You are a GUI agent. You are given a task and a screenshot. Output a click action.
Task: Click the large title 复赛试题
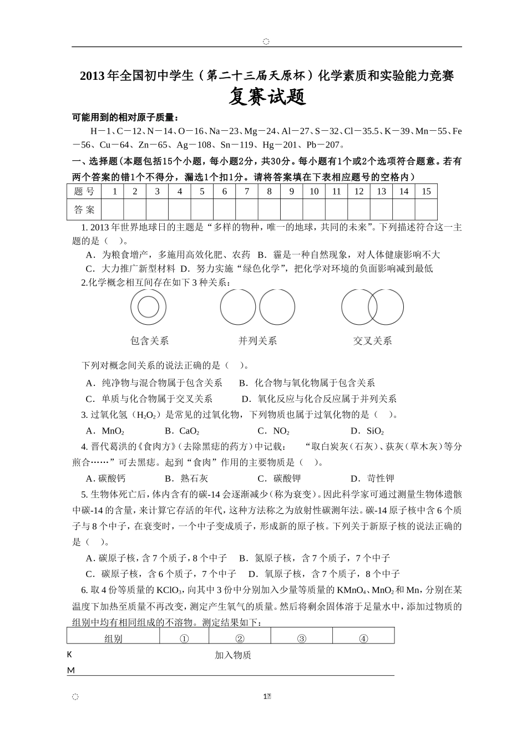pos(267,98)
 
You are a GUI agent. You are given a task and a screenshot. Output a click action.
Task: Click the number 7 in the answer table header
pos(246,191)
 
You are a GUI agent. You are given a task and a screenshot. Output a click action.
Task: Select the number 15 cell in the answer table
pos(425,191)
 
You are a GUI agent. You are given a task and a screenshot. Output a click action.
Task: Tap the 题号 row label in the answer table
pos(84,191)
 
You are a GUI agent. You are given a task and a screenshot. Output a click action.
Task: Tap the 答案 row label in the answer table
pos(84,210)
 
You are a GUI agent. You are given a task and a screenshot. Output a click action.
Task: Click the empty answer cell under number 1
pos(113,210)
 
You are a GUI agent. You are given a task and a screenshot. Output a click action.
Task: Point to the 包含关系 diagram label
pos(149,340)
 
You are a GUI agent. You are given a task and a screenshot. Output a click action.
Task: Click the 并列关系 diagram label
pos(257,340)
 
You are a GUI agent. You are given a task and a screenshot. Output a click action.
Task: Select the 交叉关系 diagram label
pos(372,340)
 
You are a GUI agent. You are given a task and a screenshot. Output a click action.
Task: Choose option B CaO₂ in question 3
pos(182,431)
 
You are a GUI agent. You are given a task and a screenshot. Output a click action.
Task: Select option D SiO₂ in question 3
pos(367,431)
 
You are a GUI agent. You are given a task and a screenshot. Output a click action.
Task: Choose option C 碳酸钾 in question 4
pos(280,478)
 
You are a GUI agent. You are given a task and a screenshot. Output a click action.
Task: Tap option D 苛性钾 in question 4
pos(373,478)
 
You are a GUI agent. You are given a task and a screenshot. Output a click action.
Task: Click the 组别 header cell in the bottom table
pos(113,639)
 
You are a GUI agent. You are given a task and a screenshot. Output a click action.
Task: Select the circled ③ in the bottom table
pos(301,639)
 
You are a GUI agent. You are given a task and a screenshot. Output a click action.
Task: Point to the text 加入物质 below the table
pos(233,655)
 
